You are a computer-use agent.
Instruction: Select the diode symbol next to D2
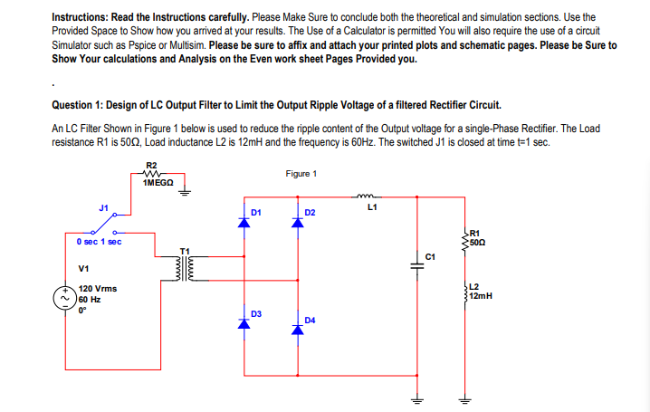(x=296, y=223)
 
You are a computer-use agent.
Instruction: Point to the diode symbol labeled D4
(x=296, y=329)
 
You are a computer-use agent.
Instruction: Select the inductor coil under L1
(x=368, y=196)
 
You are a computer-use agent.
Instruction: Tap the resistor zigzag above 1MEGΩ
(x=151, y=172)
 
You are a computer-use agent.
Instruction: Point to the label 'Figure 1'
(x=300, y=174)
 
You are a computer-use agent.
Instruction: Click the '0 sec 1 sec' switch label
(x=100, y=242)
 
